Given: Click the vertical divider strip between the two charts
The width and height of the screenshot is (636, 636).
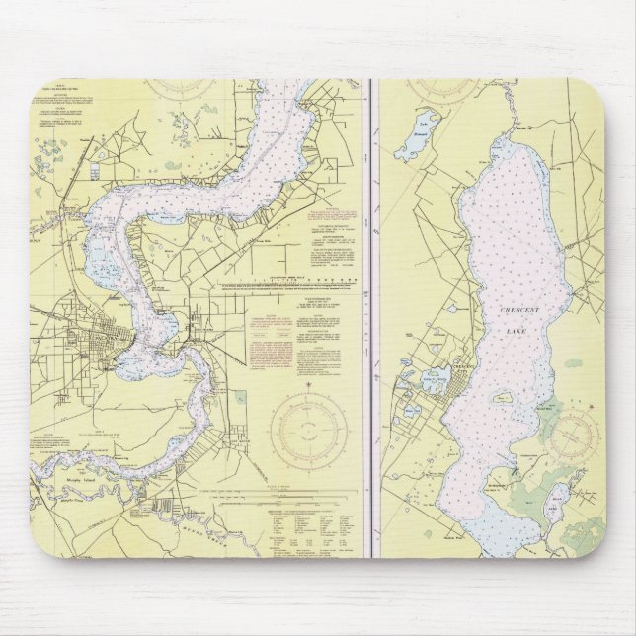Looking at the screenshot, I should point(370,316).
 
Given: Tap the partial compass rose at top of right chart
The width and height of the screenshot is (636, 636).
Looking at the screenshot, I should point(449,89).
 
